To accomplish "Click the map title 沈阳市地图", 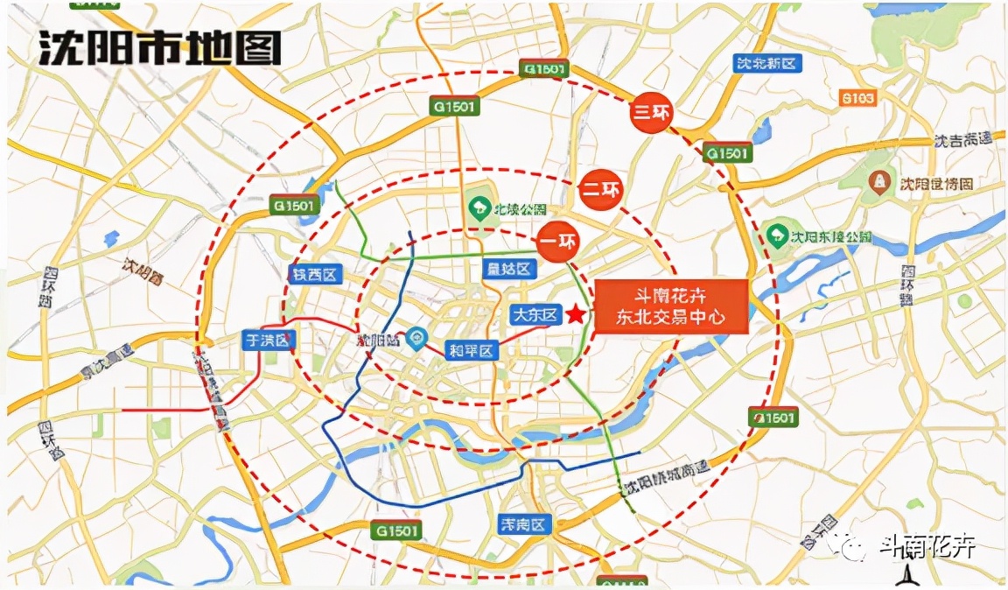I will pyautogui.click(x=160, y=49).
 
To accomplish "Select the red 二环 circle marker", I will pyautogui.click(x=600, y=190).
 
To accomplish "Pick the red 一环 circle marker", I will pyautogui.click(x=558, y=242).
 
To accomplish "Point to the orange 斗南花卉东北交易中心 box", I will pyautogui.click(x=672, y=306).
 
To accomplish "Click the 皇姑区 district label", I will pyautogui.click(x=508, y=269).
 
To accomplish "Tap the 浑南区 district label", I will pyautogui.click(x=522, y=525).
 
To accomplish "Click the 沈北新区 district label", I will pyautogui.click(x=766, y=63).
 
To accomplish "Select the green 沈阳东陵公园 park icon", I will pyautogui.click(x=775, y=235).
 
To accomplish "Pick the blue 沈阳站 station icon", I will pyautogui.click(x=417, y=335).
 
